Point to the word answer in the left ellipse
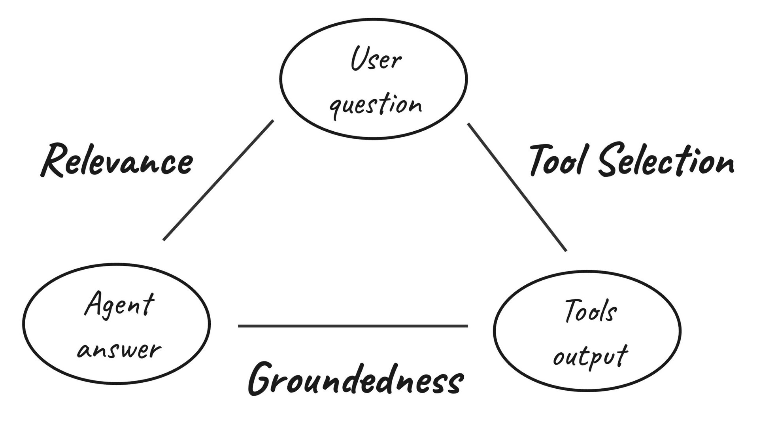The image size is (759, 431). [x=119, y=350]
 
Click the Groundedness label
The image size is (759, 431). [x=355, y=380]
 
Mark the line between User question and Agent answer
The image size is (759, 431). [x=218, y=180]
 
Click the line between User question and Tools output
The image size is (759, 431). [x=517, y=187]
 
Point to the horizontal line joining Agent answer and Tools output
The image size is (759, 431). [x=353, y=326]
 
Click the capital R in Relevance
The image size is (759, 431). [x=53, y=160]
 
